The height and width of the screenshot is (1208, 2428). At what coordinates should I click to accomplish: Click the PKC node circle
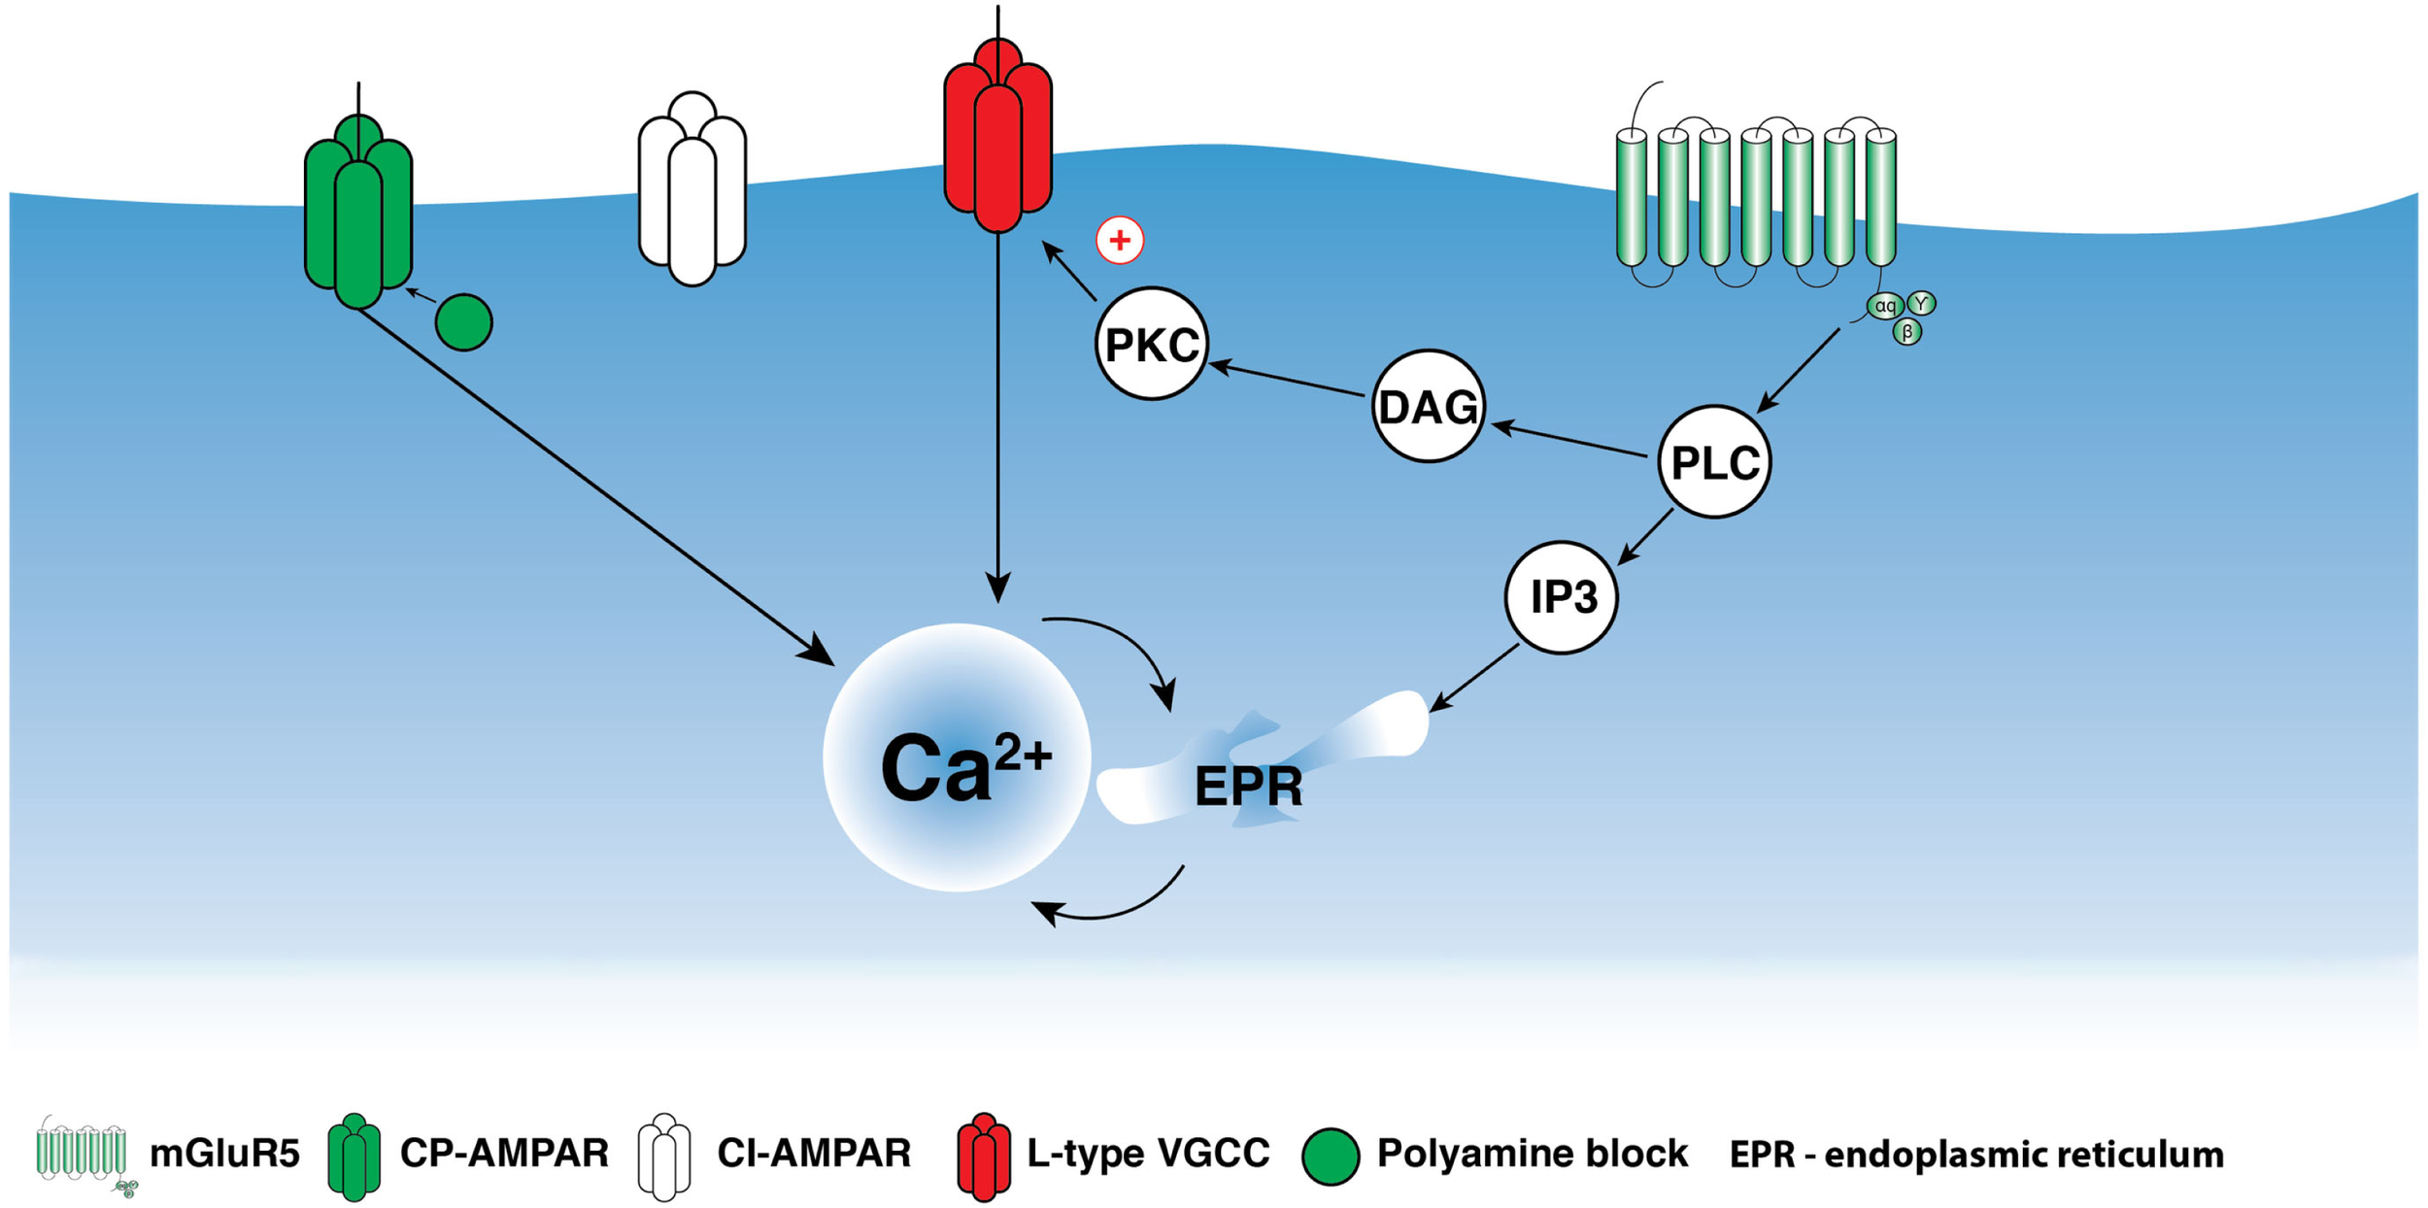1151,344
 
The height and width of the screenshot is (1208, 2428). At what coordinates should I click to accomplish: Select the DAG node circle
1428,406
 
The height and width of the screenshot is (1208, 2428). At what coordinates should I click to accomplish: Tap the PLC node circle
1714,461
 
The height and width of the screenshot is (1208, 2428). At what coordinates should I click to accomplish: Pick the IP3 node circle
1562,596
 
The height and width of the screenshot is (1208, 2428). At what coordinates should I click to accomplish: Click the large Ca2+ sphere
957,757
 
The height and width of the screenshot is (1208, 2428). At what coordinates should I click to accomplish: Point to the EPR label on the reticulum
1248,787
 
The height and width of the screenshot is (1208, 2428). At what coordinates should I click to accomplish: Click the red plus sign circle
1120,240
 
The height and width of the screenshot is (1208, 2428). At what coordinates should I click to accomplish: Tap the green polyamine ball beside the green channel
464,322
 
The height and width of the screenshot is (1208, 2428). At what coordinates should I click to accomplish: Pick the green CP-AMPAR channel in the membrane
358,214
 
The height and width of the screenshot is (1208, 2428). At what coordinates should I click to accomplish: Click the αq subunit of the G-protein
1885,306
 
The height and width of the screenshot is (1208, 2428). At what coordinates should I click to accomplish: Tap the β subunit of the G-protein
1907,332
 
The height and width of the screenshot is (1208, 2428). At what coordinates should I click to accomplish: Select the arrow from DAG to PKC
1287,380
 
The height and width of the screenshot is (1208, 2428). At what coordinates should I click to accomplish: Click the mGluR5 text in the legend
224,1154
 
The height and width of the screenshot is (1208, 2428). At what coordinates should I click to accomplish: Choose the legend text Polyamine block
1533,1154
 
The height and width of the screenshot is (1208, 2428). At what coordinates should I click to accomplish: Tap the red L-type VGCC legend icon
983,1157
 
